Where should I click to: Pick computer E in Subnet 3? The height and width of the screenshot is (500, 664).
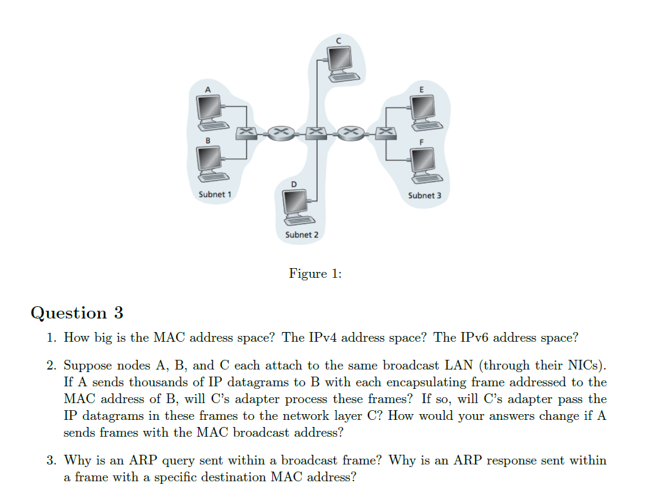423,110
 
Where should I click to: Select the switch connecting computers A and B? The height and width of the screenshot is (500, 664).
246,132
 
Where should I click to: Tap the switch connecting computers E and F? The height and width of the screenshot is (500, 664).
385,132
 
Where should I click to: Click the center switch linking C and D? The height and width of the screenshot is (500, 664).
316,132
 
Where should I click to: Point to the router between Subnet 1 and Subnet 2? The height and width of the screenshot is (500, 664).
281,132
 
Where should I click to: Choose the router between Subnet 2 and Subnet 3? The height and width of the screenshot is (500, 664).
350,132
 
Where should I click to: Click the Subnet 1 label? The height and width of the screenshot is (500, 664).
215,194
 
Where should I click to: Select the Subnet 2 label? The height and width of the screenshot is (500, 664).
301,234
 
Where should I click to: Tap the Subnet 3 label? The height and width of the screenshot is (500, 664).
425,194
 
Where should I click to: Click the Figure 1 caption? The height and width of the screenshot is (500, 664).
315,274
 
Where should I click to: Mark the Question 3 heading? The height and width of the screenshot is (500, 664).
77,313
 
